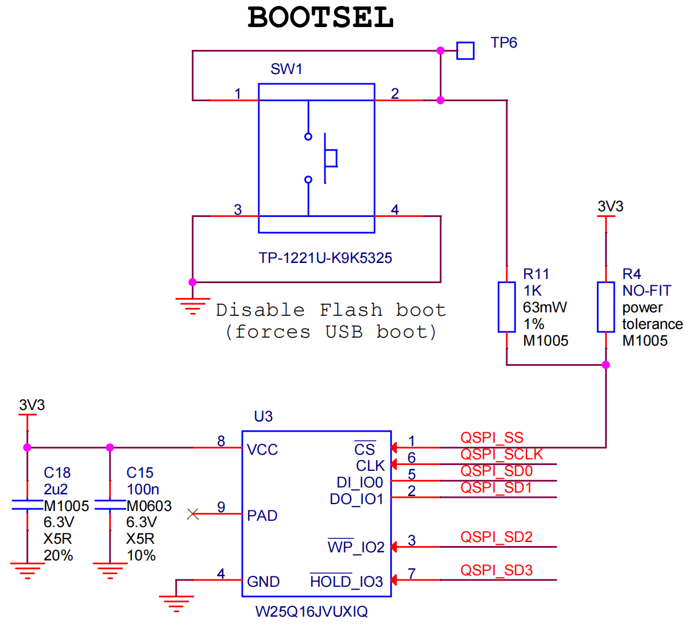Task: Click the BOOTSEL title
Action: pos(321,17)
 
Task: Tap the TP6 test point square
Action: pos(466,51)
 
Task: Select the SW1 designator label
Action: pos(286,69)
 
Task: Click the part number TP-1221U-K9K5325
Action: pos(325,258)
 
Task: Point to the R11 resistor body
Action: pos(506,307)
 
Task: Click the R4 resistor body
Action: pos(606,307)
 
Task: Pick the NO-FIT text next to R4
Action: pos(646,291)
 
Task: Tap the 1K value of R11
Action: pos(532,291)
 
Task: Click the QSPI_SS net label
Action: pos(491,438)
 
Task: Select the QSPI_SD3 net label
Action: pos(497,570)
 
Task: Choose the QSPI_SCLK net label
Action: pos(502,454)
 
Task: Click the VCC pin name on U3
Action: pos(262,450)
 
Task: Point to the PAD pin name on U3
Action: pos(262,516)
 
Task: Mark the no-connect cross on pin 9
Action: pos(193,514)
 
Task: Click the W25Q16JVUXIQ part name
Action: pos(311,611)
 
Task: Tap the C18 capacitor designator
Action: pos(57,473)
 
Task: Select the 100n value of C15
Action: pos(142,490)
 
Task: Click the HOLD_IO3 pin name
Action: pos(346,582)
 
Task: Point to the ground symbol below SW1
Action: pos(193,306)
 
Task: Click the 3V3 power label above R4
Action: pos(610,206)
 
